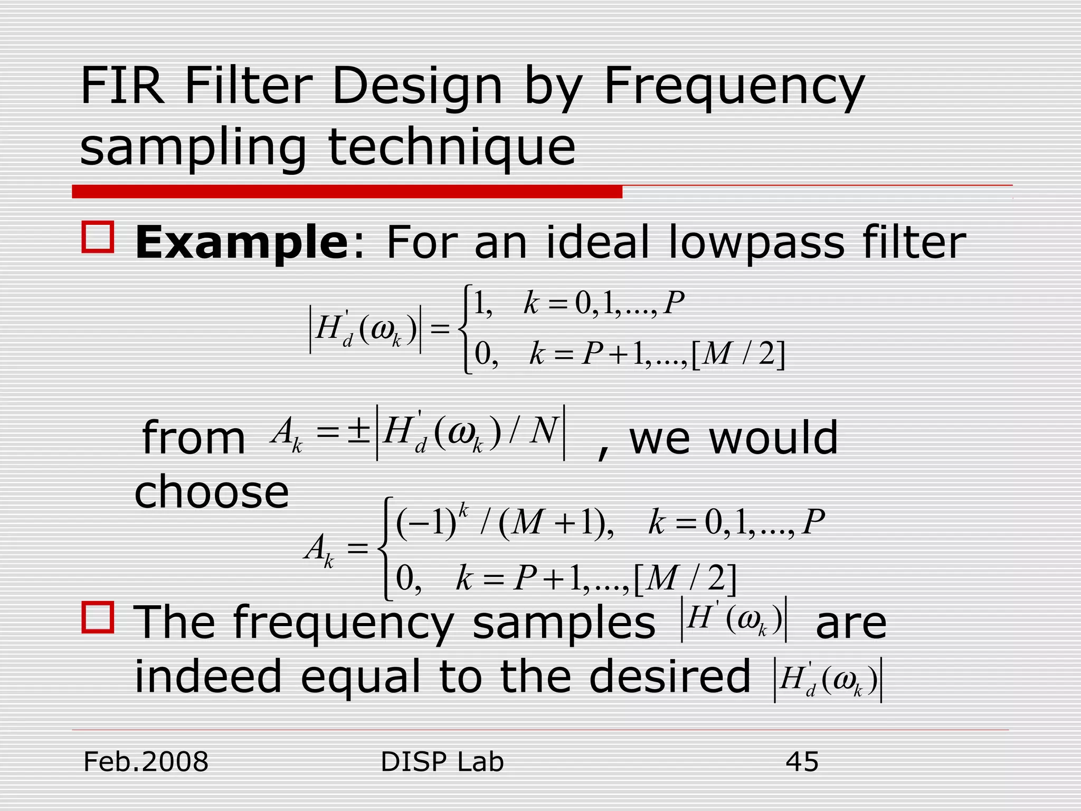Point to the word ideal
(x=598, y=242)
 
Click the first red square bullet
(x=98, y=238)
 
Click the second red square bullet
(x=98, y=617)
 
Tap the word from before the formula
(x=194, y=438)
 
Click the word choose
(x=212, y=492)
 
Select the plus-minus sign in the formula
(x=358, y=431)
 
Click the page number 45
(x=802, y=762)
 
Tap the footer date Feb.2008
(x=146, y=762)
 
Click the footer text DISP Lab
(x=442, y=762)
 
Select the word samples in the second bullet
(x=563, y=623)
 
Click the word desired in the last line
(x=669, y=676)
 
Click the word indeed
(x=208, y=676)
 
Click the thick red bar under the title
(x=347, y=192)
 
